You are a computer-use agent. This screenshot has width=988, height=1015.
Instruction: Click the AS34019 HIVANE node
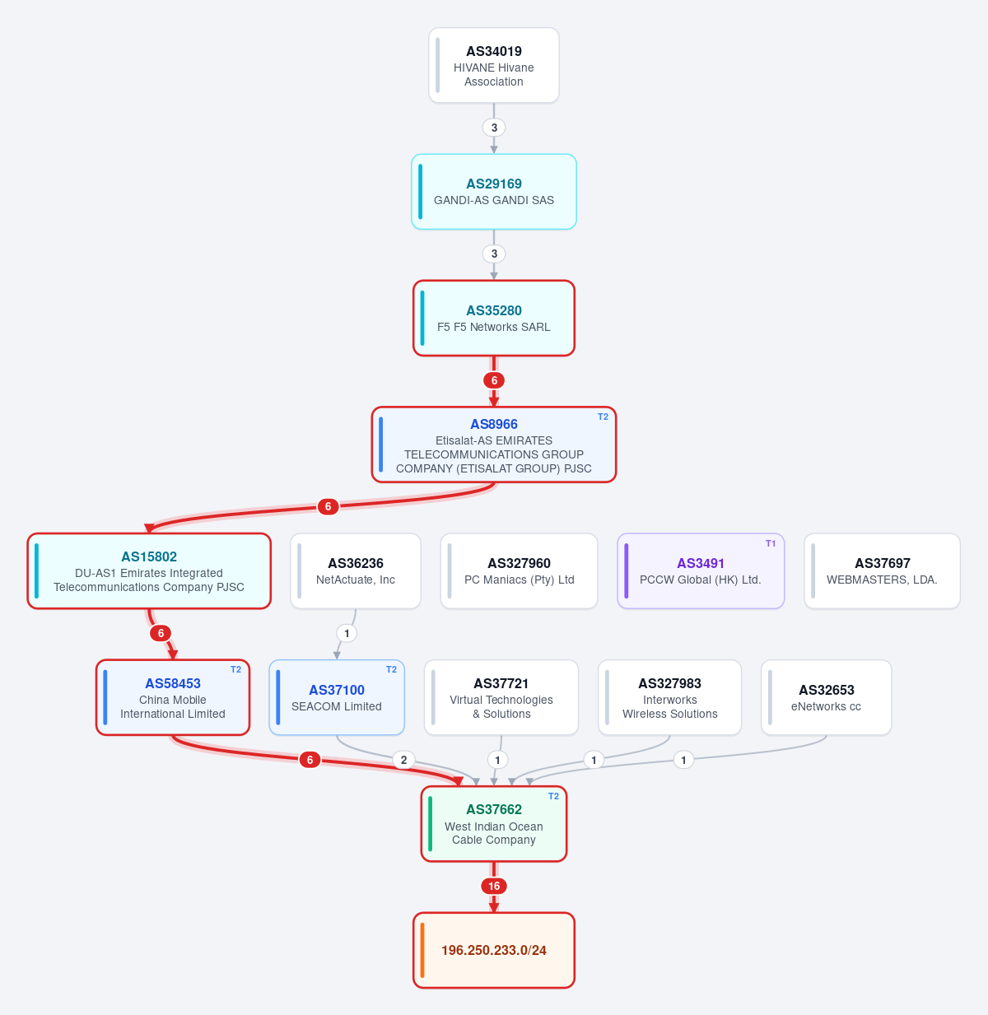pos(493,65)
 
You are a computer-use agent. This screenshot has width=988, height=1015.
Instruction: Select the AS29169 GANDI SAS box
pos(493,192)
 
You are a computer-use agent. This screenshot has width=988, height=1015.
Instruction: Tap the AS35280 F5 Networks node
pos(493,319)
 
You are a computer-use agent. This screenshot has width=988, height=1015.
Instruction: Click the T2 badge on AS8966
pos(603,417)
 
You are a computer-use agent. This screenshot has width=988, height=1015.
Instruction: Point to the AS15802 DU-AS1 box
pos(149,571)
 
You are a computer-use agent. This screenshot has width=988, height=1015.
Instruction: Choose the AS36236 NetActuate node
pos(355,571)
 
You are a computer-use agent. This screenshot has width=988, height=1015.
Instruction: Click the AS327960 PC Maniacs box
pos(519,571)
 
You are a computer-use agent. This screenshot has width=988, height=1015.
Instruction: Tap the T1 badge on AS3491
pos(771,543)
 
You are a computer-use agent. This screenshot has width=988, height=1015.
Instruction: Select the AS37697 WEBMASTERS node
pos(882,571)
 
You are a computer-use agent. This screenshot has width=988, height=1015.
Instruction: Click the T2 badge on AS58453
pos(235,670)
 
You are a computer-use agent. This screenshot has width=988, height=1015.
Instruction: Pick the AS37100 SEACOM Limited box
pos(337,698)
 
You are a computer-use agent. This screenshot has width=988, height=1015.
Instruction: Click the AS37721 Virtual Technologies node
pos(501,698)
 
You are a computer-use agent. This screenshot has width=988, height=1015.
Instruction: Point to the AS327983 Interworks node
pos(670,698)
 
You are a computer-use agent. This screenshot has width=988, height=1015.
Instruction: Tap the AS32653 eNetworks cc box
pos(827,698)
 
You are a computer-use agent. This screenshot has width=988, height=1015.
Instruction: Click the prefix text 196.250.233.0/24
pos(493,950)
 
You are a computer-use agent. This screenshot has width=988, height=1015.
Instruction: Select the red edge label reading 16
pos(493,886)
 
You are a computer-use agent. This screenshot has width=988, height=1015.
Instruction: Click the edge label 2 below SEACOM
pos(403,760)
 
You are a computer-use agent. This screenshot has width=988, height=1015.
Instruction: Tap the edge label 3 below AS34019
pos(494,128)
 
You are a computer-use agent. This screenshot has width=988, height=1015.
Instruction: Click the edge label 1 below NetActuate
pos(347,634)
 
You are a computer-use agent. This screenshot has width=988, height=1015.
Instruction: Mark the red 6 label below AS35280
pos(494,381)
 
